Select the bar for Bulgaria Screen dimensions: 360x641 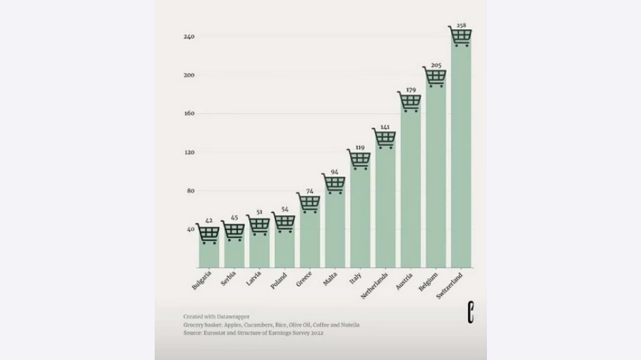209,254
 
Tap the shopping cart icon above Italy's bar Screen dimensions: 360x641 360,160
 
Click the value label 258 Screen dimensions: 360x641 461,25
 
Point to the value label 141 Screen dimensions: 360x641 385,127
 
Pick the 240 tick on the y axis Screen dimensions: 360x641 189,36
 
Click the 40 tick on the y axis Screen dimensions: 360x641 190,230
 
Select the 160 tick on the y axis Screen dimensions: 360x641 189,114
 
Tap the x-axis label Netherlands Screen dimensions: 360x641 375,285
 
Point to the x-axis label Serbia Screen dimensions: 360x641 228,279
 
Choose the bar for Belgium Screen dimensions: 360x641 436,180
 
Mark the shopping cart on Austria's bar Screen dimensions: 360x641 410,102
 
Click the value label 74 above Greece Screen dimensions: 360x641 309,191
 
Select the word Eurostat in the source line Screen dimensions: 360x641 212,333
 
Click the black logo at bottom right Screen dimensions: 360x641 470,314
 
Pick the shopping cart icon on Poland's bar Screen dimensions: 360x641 284,222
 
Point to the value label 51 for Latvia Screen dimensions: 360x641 259,213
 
